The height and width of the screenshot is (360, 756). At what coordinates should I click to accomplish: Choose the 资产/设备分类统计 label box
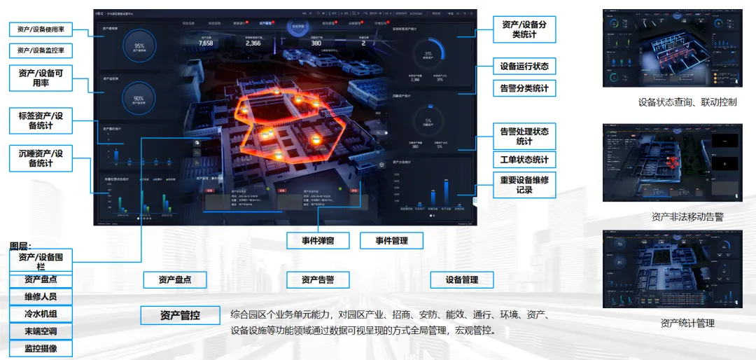524,29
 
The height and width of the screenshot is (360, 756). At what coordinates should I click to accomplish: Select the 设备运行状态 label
524,67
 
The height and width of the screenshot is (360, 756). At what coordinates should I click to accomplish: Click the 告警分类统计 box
524,88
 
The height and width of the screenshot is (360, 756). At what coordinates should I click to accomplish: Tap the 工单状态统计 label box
524,159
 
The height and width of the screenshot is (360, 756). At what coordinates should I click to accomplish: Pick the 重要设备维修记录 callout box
524,185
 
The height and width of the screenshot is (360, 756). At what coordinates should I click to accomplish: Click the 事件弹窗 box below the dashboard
318,240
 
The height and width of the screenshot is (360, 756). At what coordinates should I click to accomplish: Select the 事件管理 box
392,240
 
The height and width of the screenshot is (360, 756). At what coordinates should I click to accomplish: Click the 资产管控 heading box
180,315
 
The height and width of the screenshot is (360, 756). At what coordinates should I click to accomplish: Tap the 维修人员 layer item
41,296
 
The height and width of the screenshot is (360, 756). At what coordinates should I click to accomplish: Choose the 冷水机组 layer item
41,314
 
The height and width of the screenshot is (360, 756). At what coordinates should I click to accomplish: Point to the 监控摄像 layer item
41,348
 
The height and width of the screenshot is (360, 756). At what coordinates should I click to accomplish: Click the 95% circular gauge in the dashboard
139,47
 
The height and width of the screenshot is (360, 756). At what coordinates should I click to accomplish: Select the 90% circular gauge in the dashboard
139,100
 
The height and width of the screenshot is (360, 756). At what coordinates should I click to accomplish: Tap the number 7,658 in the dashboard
206,43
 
